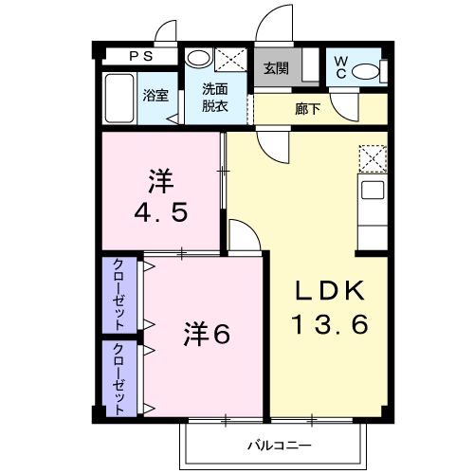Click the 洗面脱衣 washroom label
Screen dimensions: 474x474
coord(214,98)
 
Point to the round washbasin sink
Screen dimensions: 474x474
coord(197,58)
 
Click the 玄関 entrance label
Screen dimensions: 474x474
coord(276,68)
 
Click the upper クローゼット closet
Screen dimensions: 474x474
coord(120,294)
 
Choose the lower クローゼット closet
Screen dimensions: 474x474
coord(120,379)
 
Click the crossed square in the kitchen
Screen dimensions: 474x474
coord(373,156)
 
